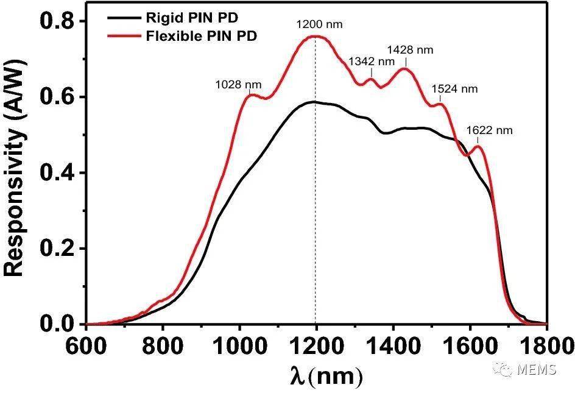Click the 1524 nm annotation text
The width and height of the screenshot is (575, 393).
pos(454,89)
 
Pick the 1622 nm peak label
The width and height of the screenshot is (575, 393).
pos(489,130)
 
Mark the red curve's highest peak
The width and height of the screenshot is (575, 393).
pos(316,36)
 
